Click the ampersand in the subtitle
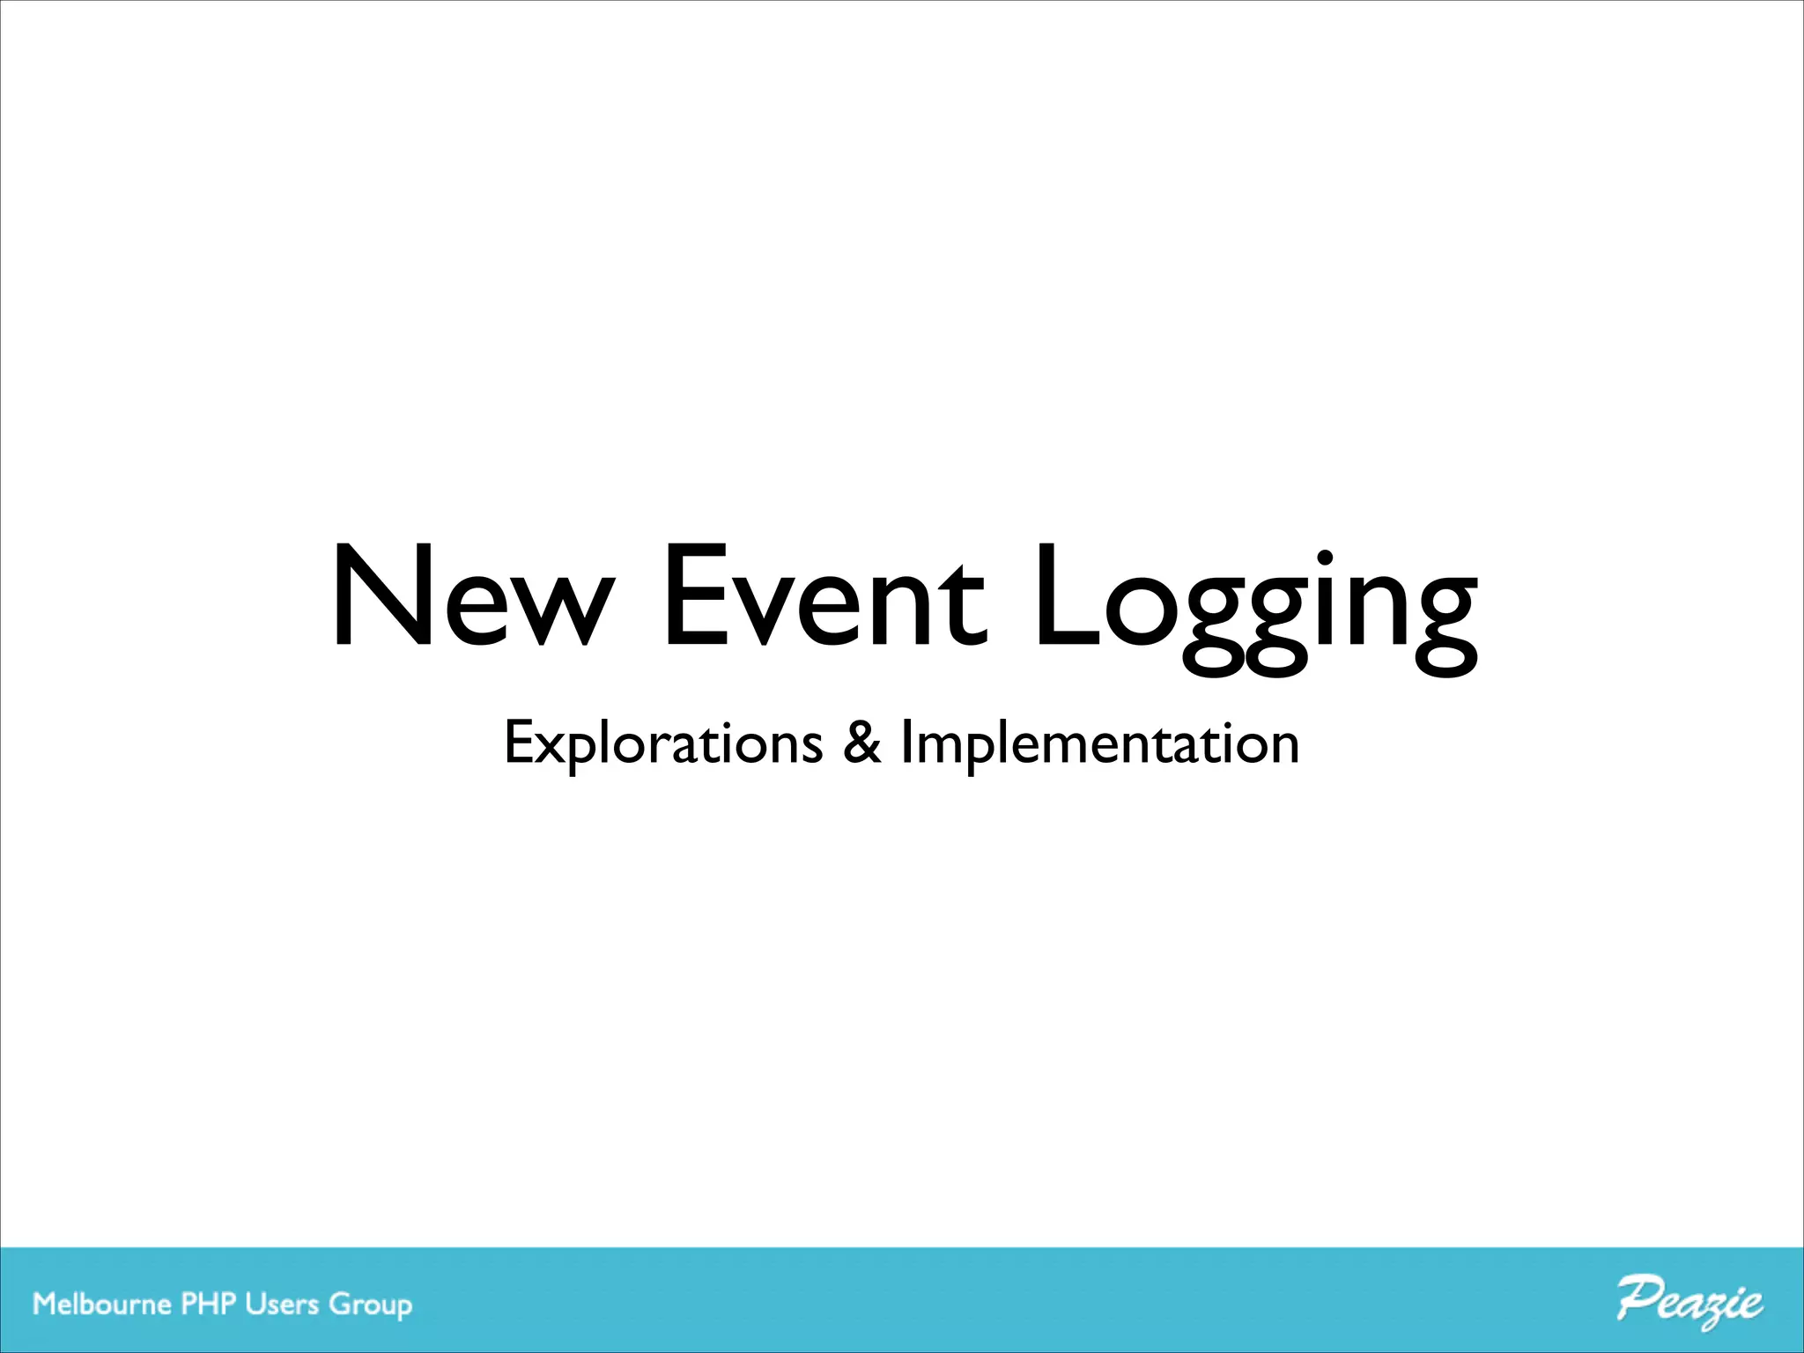[x=861, y=743]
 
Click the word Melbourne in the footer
[x=101, y=1304]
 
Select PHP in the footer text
[x=210, y=1304]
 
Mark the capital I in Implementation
[x=907, y=743]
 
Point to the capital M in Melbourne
[x=46, y=1304]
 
